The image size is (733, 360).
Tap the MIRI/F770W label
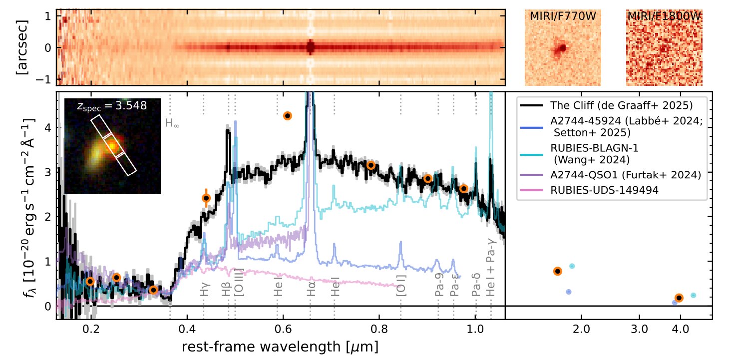tap(563, 16)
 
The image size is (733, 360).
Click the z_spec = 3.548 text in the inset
tap(112, 106)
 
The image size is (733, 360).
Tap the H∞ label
tap(172, 123)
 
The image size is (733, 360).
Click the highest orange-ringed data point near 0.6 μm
tap(287, 116)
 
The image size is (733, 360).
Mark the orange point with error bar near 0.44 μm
tap(206, 198)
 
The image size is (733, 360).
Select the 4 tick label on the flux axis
tap(48, 127)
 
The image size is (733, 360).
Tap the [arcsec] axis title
tap(22, 48)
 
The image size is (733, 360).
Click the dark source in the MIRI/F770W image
tap(562, 48)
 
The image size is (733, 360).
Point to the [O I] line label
tap(400, 287)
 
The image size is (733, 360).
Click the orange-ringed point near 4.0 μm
tap(679, 298)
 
